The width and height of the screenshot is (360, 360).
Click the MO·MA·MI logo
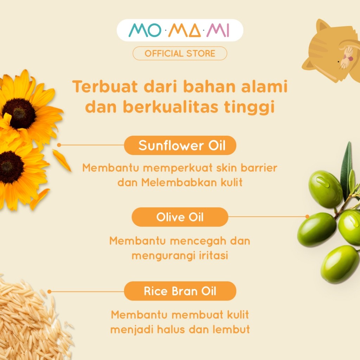pyautogui.click(x=180, y=31)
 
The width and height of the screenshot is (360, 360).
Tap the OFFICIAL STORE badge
pyautogui.click(x=180, y=53)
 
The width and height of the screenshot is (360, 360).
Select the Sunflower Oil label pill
pyautogui.click(x=180, y=145)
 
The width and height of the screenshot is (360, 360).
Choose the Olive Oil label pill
pyautogui.click(x=180, y=217)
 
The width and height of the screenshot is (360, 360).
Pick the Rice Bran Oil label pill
pyautogui.click(x=180, y=291)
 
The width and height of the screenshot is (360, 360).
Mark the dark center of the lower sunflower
pyautogui.click(x=10, y=167)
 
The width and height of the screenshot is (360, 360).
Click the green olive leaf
pyautogui.click(x=346, y=169)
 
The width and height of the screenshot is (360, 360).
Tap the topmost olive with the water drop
pyautogui.click(x=325, y=189)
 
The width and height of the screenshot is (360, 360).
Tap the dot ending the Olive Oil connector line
pyautogui.click(x=307, y=217)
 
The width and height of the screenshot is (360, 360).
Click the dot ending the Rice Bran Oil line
pyautogui.click(x=50, y=291)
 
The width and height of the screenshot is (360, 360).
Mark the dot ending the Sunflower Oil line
pyautogui.click(x=59, y=145)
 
